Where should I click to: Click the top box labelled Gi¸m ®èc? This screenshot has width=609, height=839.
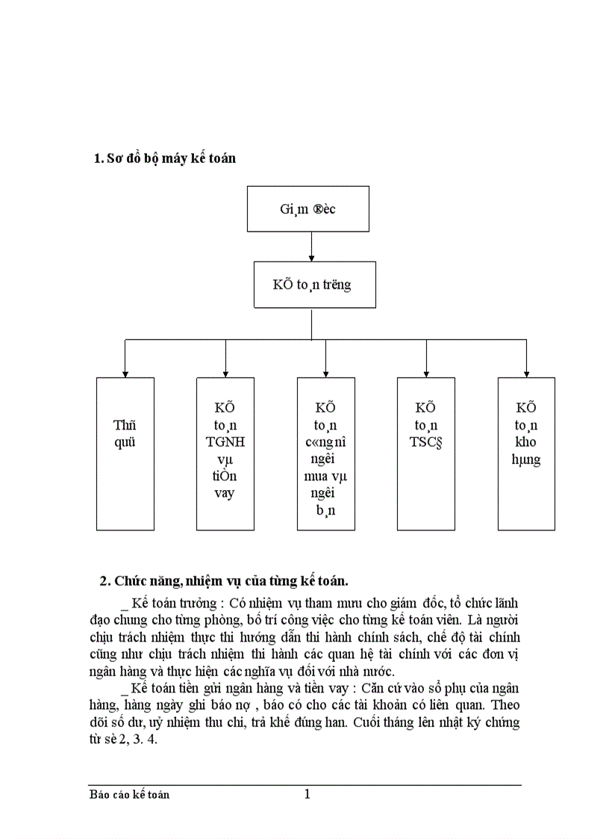coord(307,208)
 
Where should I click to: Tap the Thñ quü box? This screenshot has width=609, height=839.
coord(125,453)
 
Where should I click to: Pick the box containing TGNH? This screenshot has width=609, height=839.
coord(225,453)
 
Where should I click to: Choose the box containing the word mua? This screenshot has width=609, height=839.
coord(325,453)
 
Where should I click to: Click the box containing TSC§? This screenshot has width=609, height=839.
coord(425,453)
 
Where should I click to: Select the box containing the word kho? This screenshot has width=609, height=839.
coord(526,453)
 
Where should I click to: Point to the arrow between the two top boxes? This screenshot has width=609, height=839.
coord(311,247)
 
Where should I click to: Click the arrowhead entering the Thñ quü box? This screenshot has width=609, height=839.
coord(125,373)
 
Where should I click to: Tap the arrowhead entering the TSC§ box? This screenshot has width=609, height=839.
coord(426,373)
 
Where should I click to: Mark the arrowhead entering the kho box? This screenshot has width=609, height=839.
coord(526,373)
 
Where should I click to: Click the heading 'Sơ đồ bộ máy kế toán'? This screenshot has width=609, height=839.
coord(165,158)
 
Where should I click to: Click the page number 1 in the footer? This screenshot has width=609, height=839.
coord(307,794)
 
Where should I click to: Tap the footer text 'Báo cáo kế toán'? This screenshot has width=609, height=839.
coord(129,795)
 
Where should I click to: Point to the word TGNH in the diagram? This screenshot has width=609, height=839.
coord(225,442)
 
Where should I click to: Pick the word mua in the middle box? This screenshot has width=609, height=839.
coord(325,476)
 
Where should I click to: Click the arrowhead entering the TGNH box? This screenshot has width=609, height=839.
coord(225,373)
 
